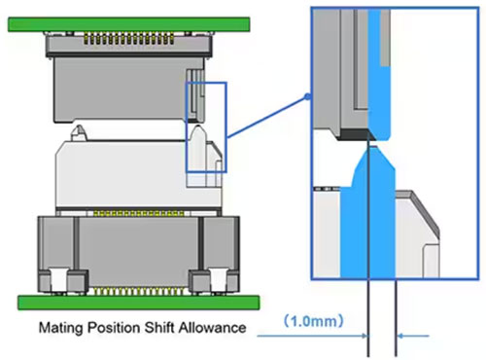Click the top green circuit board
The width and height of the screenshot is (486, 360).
pos(129,24)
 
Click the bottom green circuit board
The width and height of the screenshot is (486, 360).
pos(138,303)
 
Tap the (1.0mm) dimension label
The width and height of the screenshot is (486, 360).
pos(313,321)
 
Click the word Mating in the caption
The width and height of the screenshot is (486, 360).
pos(61,328)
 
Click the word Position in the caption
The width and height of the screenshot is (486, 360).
pos(114,328)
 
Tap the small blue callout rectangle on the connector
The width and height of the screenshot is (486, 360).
pos(206,127)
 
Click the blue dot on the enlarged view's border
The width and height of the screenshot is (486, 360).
pos(308,96)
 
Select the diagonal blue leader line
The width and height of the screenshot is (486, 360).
pos(267,117)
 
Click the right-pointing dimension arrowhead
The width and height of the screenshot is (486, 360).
pos(364,336)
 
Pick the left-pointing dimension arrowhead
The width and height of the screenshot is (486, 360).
pos(400,336)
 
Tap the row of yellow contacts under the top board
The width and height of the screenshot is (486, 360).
pos(128,39)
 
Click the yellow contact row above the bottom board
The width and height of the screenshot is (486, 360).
pos(138,291)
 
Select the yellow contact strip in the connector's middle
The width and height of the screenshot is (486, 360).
pos(139,213)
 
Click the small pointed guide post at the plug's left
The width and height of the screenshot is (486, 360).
pos(78,132)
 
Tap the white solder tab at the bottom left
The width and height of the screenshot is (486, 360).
pos(58,280)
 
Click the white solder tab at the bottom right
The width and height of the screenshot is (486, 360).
pos(219,280)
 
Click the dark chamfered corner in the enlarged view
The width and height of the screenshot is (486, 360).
pos(356,134)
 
